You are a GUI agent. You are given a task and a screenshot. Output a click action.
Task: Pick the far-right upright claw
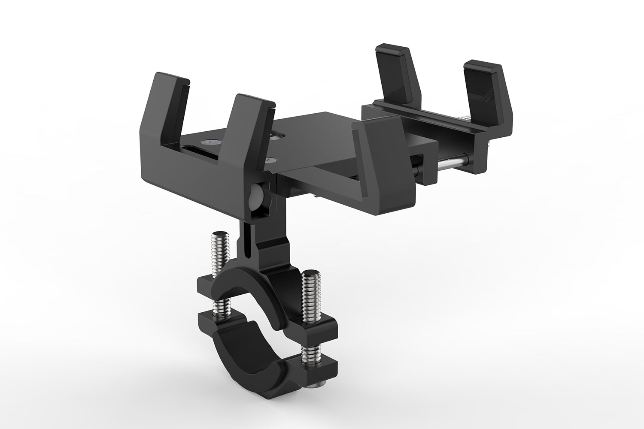click(483, 90)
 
